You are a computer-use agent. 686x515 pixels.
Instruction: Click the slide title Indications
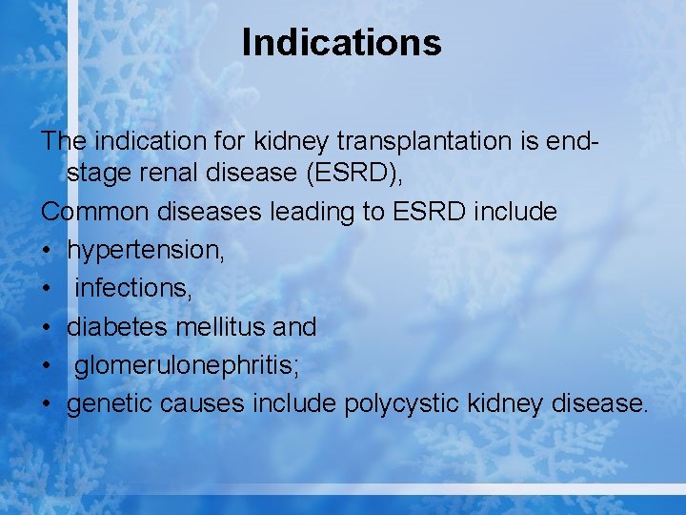(x=342, y=43)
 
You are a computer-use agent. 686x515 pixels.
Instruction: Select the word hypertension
(x=143, y=250)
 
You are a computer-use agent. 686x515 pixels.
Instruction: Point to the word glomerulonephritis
(x=183, y=365)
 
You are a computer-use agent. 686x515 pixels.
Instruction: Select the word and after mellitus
(x=294, y=326)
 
